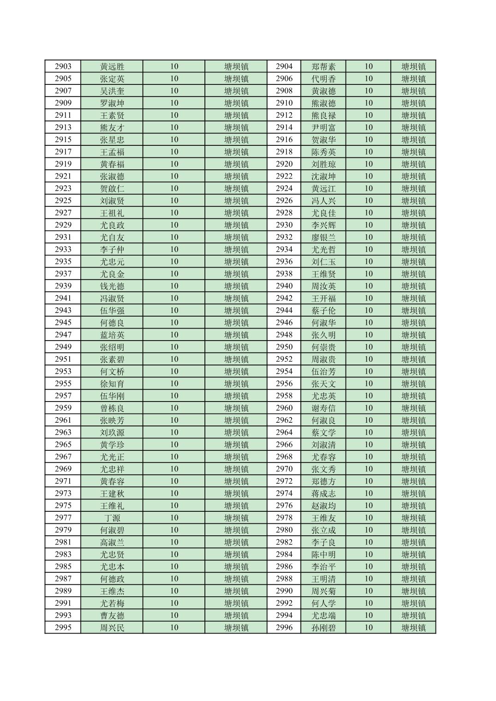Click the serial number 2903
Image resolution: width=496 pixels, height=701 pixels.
pos(63,66)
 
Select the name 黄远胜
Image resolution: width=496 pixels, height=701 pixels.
pos(112,66)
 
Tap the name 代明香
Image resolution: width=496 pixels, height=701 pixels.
pos(323,79)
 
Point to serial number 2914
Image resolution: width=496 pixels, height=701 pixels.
pos(284,127)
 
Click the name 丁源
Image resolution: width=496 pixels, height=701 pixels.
pos(112,518)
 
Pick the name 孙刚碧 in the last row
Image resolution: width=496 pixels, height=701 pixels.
pos(323,628)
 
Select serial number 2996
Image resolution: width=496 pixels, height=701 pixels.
pos(284,628)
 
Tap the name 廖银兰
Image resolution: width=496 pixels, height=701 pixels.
pos(323,237)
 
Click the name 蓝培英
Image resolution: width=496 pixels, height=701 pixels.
pos(112,335)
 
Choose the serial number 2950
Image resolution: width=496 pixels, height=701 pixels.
pos(284,347)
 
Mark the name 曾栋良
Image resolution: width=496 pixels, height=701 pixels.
pos(112,408)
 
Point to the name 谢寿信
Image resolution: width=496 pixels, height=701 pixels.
pos(323,408)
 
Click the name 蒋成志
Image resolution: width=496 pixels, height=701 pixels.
pos(323,493)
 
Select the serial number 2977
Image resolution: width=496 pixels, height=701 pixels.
pos(63,518)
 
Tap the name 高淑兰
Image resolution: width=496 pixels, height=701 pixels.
pos(112,542)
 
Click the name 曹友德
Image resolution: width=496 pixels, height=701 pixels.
pos(112,616)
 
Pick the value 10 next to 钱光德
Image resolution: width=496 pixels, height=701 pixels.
pos(174,286)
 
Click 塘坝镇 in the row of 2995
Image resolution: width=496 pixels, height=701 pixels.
pos(236,628)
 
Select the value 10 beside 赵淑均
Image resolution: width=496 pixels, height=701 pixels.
pos(368,506)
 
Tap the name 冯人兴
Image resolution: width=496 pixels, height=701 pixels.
pos(323,201)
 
